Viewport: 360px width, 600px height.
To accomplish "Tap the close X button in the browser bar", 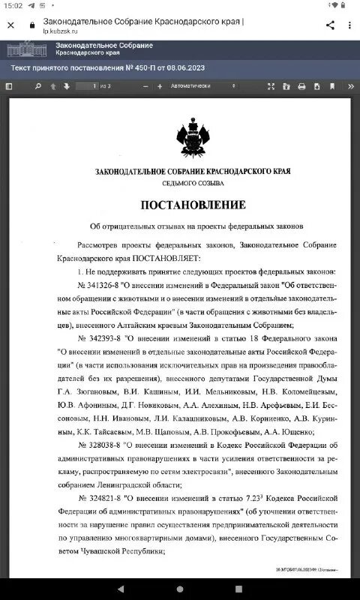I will click(10, 25).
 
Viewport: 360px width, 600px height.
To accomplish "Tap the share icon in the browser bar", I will click(330, 25).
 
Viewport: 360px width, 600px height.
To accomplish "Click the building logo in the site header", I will click(25, 49).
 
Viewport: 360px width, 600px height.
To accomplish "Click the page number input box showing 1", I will click(89, 86).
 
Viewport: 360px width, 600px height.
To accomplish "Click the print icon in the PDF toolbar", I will click(301, 86).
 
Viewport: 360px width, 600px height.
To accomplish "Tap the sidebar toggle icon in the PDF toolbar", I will click(9, 86).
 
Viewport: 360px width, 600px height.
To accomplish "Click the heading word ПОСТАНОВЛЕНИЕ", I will click(193, 205).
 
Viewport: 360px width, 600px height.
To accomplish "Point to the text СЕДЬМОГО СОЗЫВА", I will click(192, 183).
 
